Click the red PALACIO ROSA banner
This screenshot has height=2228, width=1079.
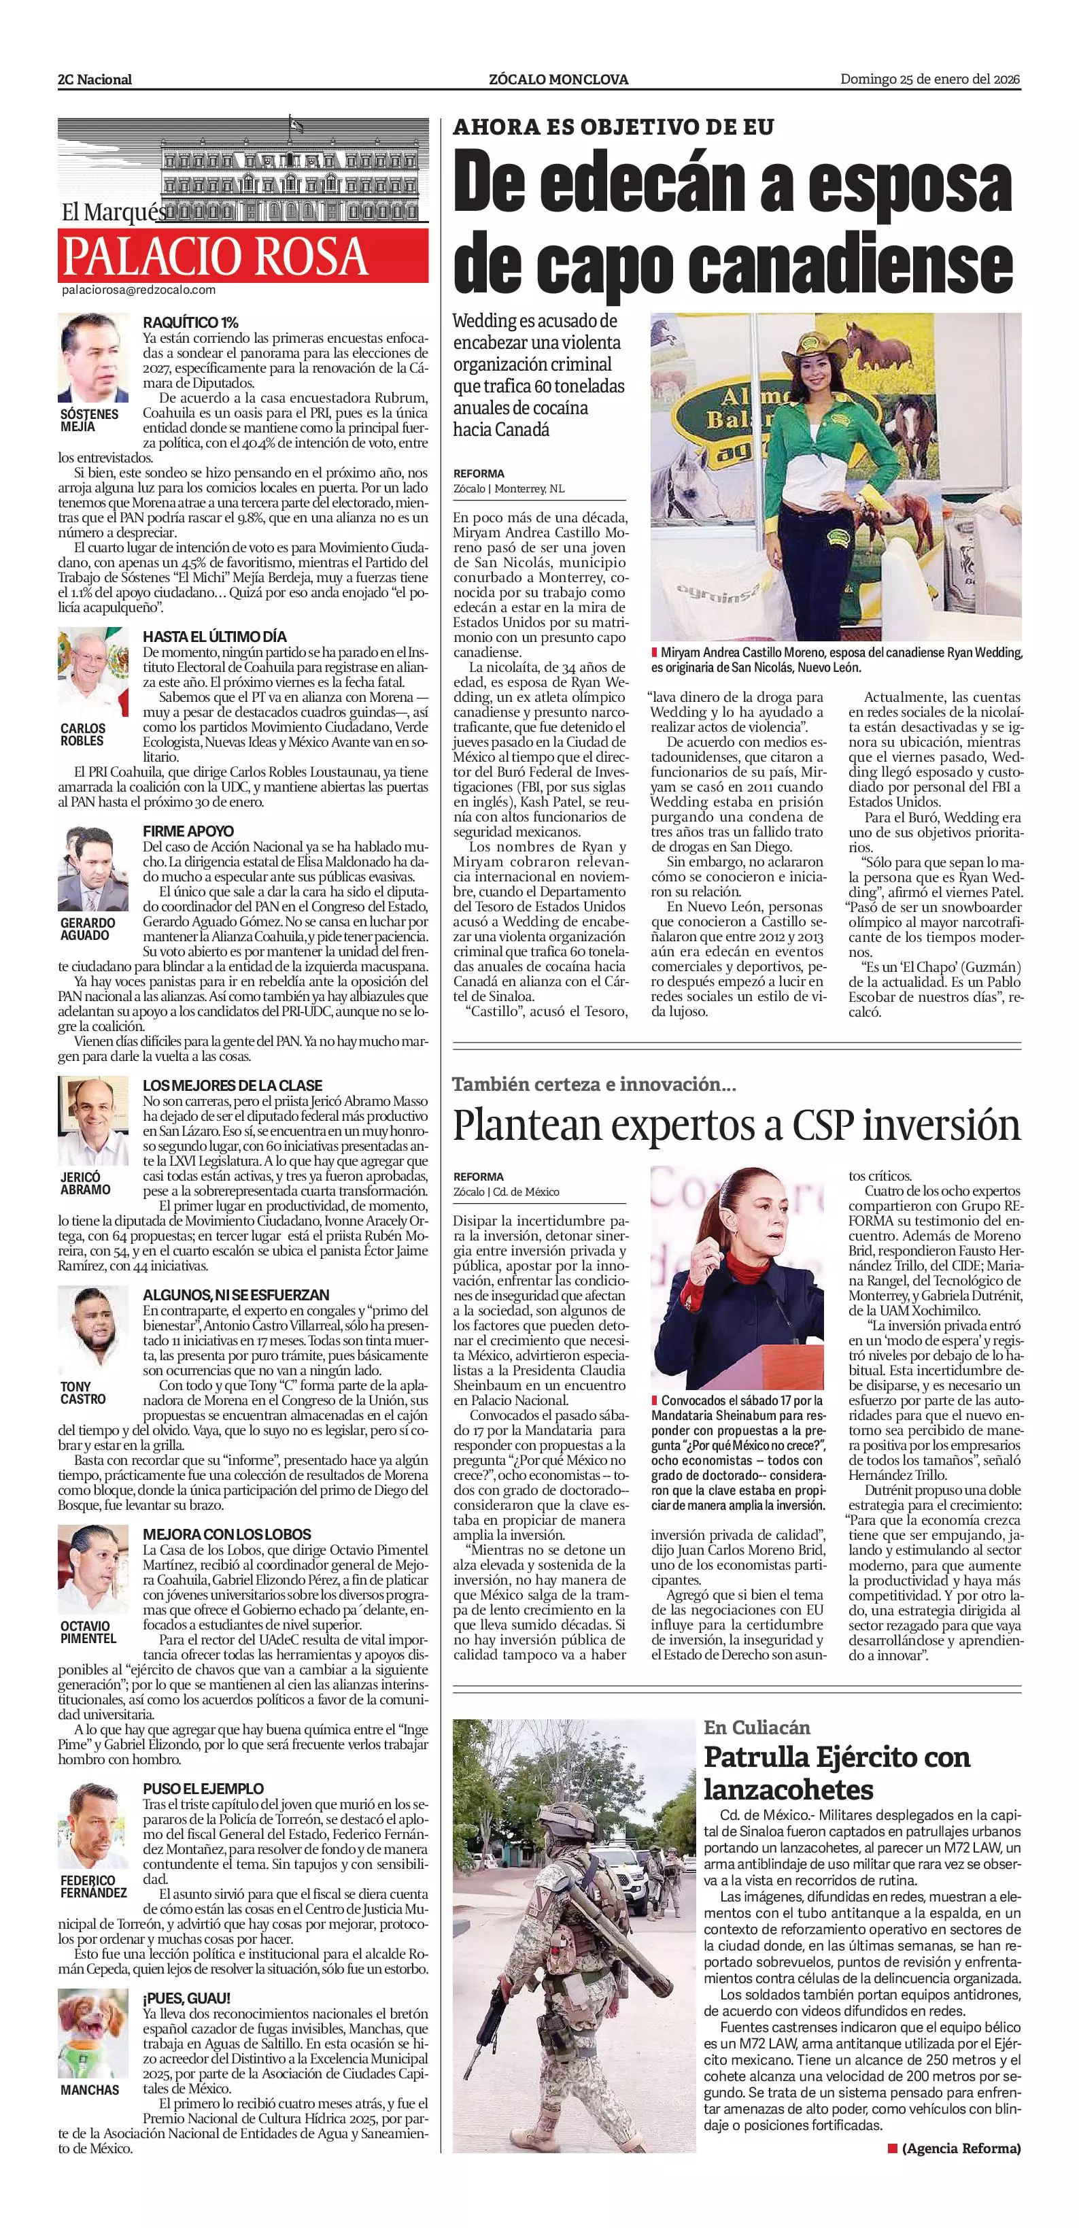243,255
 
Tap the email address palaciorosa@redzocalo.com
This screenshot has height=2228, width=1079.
138,290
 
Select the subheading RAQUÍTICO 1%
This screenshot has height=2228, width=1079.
190,322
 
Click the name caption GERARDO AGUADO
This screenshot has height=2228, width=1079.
87,929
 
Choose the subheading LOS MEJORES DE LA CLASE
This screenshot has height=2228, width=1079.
233,1085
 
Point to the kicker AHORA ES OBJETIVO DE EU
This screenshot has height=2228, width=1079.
613,128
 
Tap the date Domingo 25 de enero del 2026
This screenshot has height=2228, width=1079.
930,80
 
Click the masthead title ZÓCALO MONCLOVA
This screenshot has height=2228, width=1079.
558,80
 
